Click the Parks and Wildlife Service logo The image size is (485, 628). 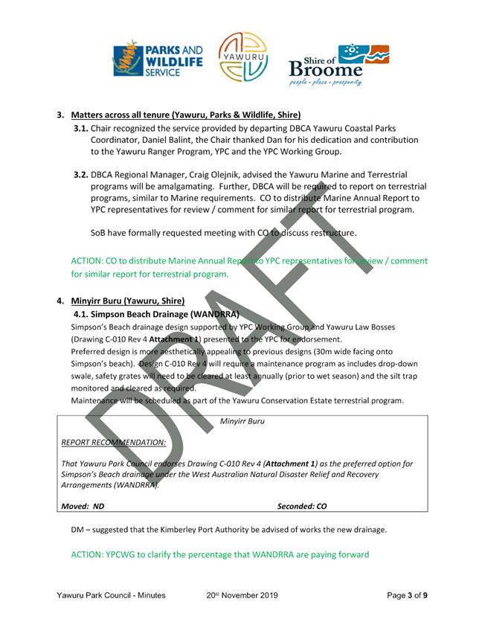[158, 60]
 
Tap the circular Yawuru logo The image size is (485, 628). [243, 57]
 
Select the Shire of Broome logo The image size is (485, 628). [338, 64]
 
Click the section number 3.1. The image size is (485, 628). [81, 128]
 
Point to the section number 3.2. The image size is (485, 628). [81, 175]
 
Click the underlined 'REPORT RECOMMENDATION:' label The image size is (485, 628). [114, 442]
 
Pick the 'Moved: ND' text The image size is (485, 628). [83, 506]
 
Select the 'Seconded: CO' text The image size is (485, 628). [302, 506]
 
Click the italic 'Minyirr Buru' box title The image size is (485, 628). [242, 421]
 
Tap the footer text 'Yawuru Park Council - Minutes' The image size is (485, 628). [110, 595]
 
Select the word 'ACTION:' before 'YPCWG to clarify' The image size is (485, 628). [89, 554]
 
